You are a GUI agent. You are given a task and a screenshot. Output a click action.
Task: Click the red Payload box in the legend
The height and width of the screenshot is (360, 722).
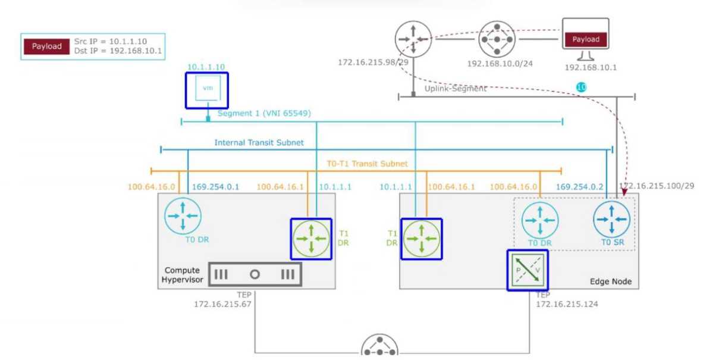(47, 46)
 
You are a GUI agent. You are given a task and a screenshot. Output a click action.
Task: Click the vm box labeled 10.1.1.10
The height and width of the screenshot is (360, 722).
(207, 90)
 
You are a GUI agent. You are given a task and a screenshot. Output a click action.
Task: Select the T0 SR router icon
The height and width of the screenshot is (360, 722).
(611, 221)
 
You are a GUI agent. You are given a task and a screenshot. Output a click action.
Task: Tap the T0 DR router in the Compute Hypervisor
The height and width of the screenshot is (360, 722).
(183, 215)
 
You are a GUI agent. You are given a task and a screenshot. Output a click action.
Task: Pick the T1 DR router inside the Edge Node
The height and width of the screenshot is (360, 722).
(421, 239)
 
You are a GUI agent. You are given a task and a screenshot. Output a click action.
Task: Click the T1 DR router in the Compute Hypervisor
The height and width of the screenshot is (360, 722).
(311, 239)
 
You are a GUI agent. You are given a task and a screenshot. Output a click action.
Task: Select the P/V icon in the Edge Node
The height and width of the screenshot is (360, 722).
(527, 270)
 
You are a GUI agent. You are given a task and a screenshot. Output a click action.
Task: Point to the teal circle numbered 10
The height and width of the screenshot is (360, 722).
(581, 87)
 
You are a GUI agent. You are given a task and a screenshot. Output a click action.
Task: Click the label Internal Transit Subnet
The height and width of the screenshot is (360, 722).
(259, 143)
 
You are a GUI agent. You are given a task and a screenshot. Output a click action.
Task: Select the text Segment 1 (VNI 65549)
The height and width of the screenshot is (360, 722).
(264, 113)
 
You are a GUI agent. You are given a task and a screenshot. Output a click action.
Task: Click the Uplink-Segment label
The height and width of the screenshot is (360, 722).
(456, 88)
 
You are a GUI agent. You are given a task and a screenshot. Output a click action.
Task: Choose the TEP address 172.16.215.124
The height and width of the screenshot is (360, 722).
(567, 304)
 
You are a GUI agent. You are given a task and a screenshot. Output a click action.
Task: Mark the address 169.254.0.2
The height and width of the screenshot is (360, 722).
(580, 186)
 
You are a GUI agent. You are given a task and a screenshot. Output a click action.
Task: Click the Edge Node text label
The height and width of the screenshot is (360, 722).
(611, 281)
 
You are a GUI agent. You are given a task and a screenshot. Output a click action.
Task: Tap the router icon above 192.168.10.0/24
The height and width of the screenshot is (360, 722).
(497, 39)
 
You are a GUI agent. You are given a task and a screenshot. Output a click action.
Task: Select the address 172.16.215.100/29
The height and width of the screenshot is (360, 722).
(657, 186)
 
